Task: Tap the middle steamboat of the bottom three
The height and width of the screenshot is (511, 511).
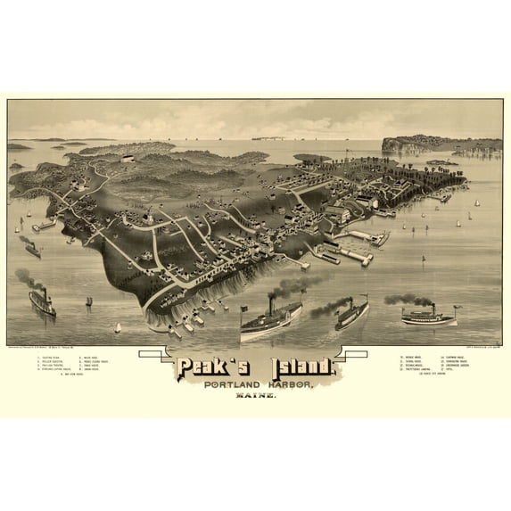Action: click(x=351, y=315)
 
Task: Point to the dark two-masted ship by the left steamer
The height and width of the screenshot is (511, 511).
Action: click(x=87, y=301)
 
